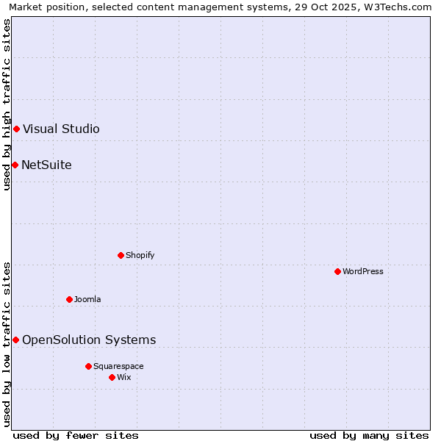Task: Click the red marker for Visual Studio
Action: (x=16, y=129)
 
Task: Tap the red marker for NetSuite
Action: (x=15, y=165)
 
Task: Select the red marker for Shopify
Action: (x=121, y=256)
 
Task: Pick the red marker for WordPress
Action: (x=337, y=272)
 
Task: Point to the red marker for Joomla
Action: (x=69, y=299)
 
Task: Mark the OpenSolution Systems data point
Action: (x=15, y=340)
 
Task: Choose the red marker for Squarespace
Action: (x=88, y=366)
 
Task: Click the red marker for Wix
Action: (x=112, y=377)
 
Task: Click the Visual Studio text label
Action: (x=61, y=129)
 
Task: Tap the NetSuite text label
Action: (x=46, y=165)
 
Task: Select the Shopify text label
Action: (x=140, y=256)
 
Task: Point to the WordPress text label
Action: (x=362, y=272)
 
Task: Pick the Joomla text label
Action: (x=87, y=299)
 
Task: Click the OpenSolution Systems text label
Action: (x=89, y=340)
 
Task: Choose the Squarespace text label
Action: (x=118, y=366)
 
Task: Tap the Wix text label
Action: (x=123, y=377)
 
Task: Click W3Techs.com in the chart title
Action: (x=402, y=7)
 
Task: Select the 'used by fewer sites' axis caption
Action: (x=76, y=435)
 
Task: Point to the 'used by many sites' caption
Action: (x=369, y=435)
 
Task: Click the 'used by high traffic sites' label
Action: (x=7, y=104)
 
